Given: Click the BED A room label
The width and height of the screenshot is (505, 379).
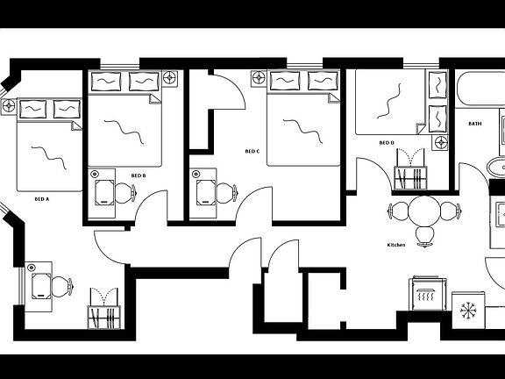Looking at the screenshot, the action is click(41, 199).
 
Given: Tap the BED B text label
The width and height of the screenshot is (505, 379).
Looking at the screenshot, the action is click(139, 175).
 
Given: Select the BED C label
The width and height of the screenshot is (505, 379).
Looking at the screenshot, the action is click(252, 151).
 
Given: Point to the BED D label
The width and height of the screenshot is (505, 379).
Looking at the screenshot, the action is click(387, 143).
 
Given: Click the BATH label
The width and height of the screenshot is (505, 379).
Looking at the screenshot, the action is click(475, 124).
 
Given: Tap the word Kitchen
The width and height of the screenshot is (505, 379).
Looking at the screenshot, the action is click(396, 245).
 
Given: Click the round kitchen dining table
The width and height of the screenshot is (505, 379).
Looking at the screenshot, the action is click(424, 211).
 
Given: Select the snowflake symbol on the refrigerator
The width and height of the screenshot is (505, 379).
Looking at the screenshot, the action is click(468, 311).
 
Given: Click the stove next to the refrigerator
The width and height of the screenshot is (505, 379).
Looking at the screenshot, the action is click(428, 293).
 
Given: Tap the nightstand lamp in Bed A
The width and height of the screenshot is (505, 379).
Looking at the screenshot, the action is click(9, 106).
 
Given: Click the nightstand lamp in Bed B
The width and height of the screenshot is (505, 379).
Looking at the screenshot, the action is click(170, 78).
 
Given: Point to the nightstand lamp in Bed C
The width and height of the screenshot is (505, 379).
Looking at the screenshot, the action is click(259, 78).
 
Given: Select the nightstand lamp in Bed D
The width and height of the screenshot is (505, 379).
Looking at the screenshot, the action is click(440, 142).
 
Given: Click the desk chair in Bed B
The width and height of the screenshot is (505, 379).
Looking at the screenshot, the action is click(125, 193).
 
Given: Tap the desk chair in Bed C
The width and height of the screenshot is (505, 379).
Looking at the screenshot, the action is click(227, 193).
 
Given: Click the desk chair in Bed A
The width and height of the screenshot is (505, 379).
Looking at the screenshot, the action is click(62, 287).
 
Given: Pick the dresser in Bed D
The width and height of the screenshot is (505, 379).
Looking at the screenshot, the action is click(410, 178).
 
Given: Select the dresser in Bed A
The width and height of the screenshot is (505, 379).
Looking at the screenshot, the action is click(104, 318).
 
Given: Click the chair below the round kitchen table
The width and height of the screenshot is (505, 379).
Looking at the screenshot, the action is click(425, 236).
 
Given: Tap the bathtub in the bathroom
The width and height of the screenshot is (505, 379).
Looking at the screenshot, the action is click(480, 89).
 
